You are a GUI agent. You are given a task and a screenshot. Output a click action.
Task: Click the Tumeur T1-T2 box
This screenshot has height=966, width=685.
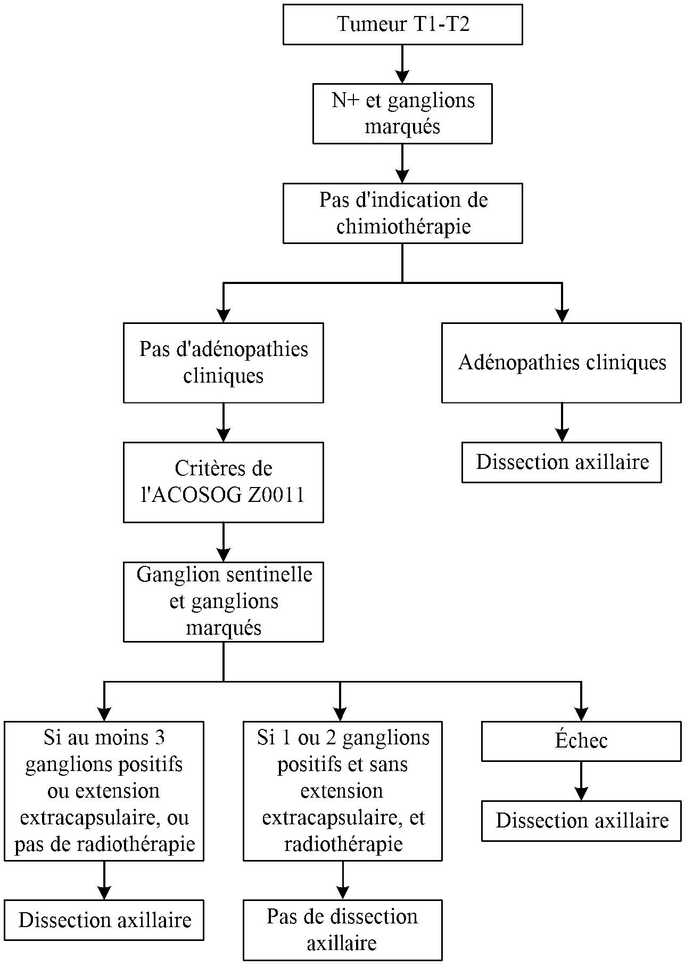402,25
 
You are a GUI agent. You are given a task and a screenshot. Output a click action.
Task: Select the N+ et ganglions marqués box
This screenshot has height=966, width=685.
402,113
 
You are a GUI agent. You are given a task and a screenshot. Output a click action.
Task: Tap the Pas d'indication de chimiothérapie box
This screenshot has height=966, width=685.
402,213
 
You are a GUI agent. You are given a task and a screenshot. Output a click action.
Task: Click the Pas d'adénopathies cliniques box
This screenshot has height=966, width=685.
223,362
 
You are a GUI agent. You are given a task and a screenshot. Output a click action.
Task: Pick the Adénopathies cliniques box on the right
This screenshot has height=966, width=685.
562,362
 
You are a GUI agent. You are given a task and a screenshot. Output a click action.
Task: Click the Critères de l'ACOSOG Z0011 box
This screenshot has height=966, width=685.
223,482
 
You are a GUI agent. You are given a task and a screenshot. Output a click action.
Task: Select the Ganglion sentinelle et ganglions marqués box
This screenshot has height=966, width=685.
223,601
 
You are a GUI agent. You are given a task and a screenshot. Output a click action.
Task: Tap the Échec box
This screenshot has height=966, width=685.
581,741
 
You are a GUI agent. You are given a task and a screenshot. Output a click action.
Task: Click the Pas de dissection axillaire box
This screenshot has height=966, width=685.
342,929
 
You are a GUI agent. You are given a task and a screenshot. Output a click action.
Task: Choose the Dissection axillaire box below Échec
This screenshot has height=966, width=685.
581,821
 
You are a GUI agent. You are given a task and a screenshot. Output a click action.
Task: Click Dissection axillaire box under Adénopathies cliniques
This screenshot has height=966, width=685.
562,462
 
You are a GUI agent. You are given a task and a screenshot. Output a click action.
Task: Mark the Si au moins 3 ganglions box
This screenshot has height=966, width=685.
104,791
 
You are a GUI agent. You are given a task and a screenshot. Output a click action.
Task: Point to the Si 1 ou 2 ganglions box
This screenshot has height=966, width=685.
342,791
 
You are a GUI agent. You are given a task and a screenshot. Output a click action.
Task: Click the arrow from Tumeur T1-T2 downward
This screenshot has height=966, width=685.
402,64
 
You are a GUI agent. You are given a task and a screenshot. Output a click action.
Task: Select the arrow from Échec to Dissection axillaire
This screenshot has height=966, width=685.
581,781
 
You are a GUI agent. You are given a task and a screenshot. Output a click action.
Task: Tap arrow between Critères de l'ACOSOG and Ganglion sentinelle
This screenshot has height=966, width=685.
223,542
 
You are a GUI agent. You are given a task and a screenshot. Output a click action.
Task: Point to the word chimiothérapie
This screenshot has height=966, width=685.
403,226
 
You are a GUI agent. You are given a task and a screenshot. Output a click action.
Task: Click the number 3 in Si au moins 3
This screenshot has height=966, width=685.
159,737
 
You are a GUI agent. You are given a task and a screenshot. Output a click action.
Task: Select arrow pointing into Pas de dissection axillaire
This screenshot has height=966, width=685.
342,880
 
